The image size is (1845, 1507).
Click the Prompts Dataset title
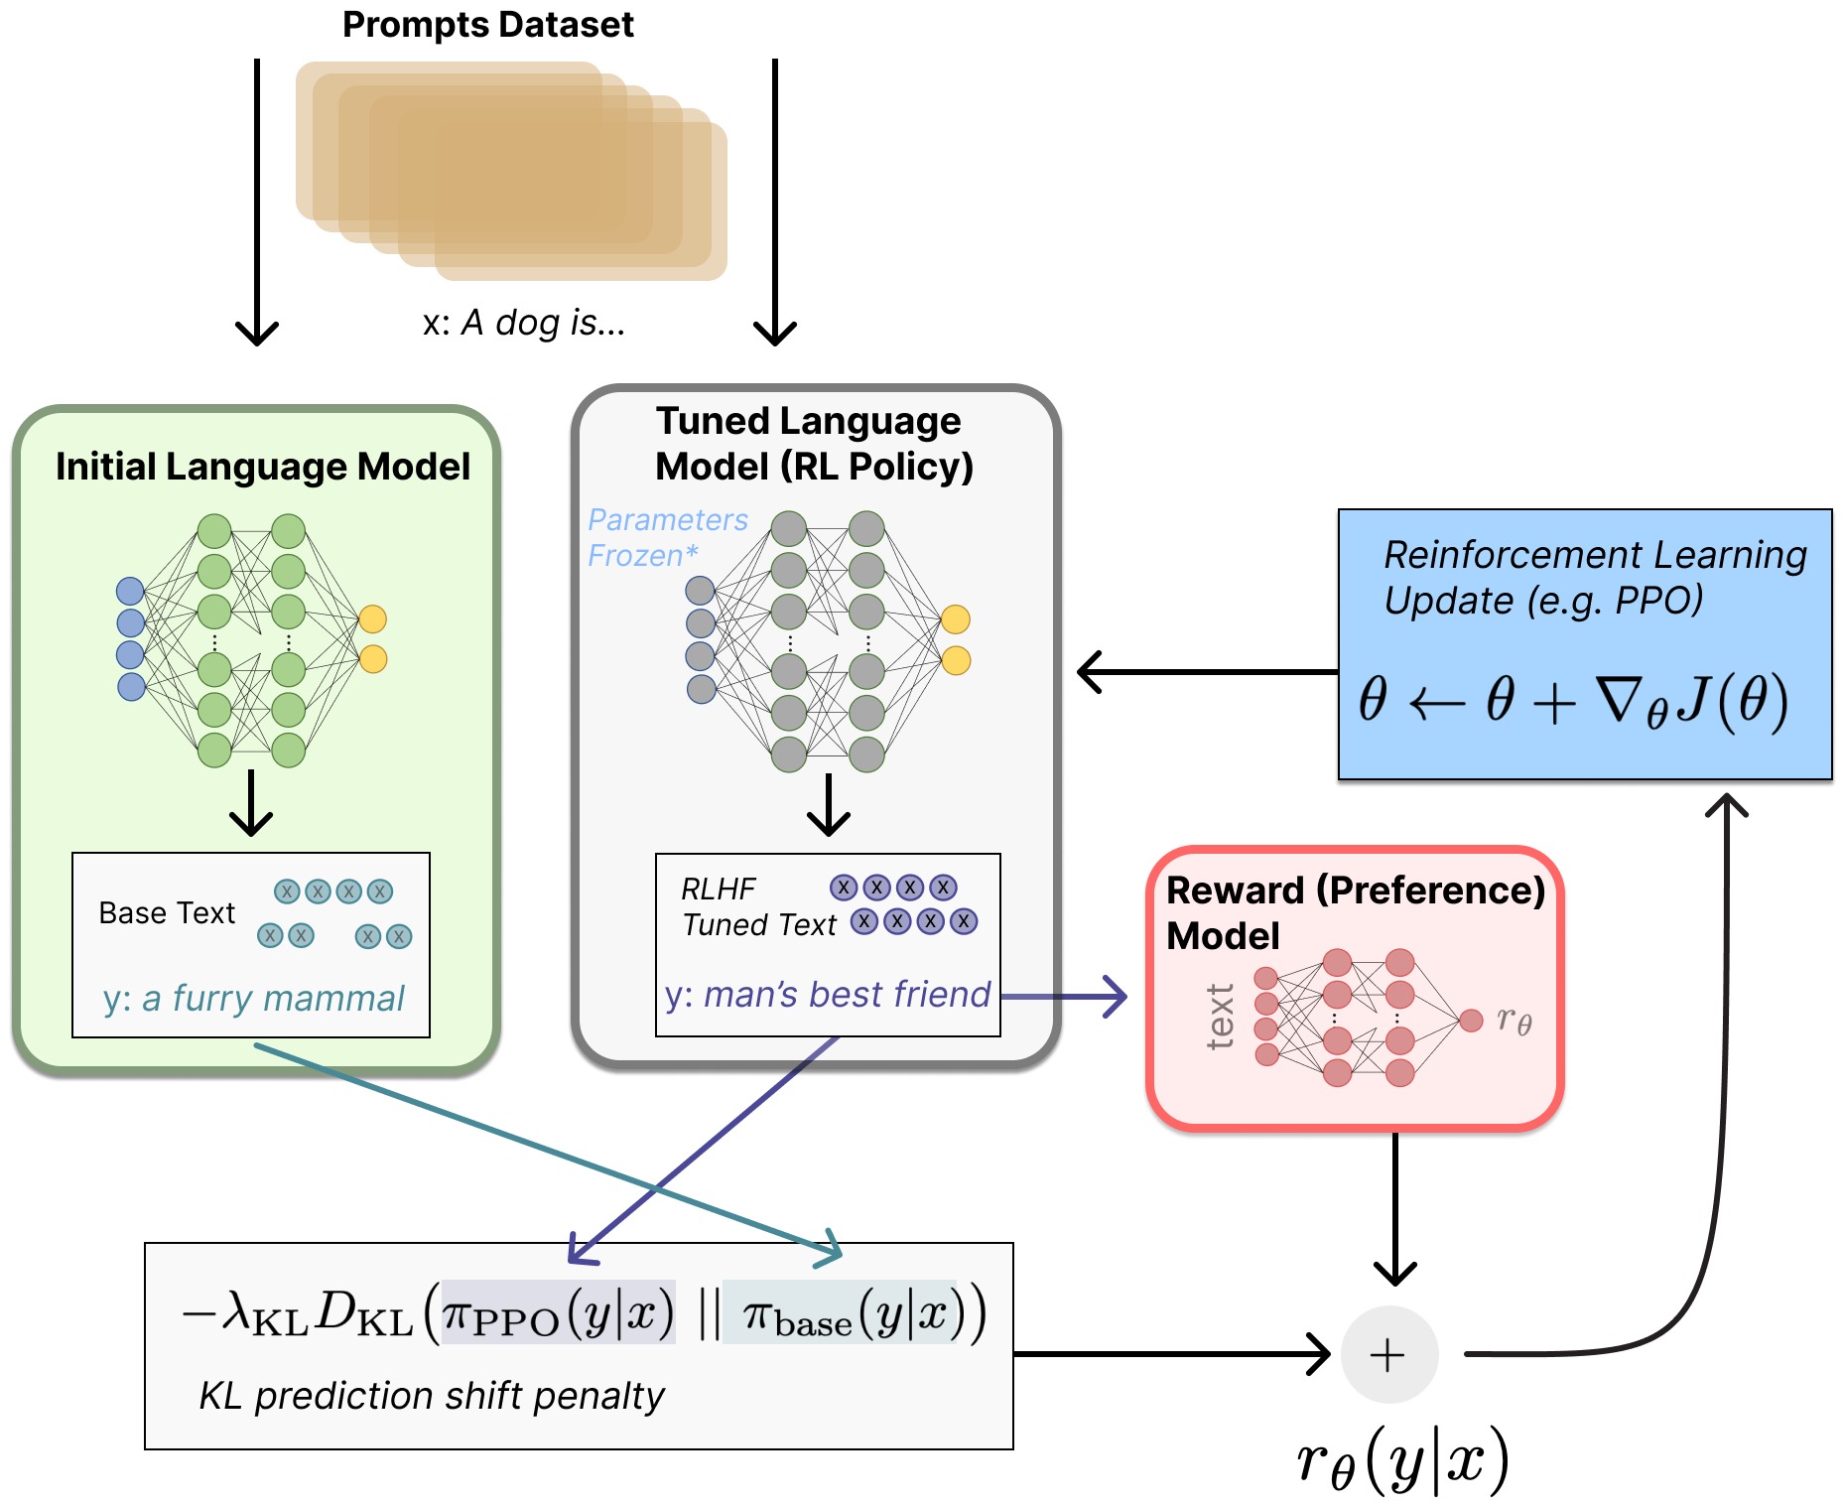(487, 24)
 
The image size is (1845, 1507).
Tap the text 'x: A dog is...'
(523, 323)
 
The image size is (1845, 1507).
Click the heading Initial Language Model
(262, 467)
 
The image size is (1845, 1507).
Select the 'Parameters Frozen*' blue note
(666, 537)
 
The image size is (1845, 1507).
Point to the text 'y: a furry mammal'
(253, 998)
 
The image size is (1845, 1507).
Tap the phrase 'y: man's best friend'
(827, 994)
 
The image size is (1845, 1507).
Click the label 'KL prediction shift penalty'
(431, 1396)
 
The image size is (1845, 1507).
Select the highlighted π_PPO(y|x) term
(558, 1313)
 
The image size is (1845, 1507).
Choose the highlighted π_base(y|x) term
(839, 1313)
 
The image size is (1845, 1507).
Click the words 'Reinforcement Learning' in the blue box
(1595, 555)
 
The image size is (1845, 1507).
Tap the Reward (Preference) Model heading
(1355, 911)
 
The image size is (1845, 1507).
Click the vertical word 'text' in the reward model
(1220, 1017)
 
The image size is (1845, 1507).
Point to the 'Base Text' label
(167, 913)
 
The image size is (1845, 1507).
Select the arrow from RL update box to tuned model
(1206, 672)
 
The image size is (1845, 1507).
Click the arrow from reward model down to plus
(1394, 1206)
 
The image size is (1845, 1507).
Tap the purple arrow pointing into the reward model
(1067, 996)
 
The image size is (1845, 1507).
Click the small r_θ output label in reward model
(1514, 1020)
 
